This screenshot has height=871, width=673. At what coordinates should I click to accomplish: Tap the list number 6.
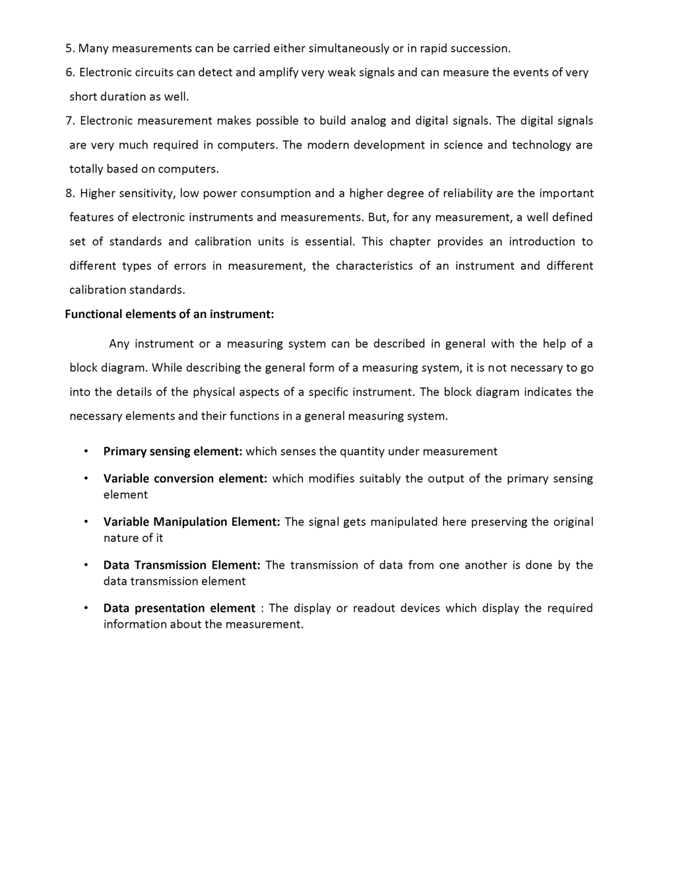[69, 73]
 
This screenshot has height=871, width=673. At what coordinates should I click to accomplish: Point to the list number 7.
[69, 121]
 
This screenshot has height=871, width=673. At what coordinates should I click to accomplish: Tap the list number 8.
[69, 193]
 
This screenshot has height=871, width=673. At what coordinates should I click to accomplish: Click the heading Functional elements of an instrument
[169, 314]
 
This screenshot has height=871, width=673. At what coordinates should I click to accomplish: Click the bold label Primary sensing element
[173, 451]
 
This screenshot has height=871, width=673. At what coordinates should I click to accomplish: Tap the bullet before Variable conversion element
[86, 478]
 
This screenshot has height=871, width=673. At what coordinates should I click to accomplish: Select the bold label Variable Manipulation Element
[191, 522]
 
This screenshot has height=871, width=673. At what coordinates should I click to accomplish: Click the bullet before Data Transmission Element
[86, 565]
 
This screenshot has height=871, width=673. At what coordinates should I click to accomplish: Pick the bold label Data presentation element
[179, 608]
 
